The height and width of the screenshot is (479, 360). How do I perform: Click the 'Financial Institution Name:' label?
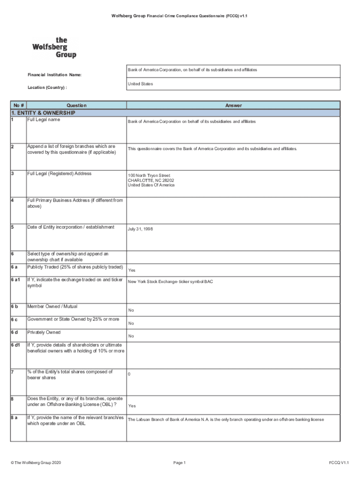tap(54, 75)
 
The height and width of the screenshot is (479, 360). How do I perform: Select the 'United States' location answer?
tap(140, 84)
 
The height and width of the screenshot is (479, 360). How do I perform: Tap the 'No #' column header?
tap(19, 106)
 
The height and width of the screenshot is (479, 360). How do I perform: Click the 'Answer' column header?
tap(233, 106)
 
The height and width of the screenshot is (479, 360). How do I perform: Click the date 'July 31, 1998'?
tap(140, 229)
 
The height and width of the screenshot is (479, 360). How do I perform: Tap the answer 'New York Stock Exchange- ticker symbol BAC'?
tap(170, 282)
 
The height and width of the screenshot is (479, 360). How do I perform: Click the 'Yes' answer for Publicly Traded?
tap(132, 270)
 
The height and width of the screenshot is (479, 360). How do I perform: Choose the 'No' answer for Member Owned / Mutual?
tap(131, 310)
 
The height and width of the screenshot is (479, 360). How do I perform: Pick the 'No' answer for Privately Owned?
tap(131, 336)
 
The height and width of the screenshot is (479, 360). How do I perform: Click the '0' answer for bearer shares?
tap(130, 374)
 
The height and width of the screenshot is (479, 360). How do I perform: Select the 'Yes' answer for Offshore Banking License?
tap(132, 406)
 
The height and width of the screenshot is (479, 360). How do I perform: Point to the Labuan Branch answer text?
tap(226, 420)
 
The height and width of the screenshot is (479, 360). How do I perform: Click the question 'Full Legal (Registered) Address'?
tap(59, 174)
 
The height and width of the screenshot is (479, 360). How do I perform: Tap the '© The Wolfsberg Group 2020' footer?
tap(36, 463)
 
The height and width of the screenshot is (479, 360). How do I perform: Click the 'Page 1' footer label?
tap(180, 463)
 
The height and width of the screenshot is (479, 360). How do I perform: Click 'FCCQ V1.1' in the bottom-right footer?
tap(338, 463)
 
